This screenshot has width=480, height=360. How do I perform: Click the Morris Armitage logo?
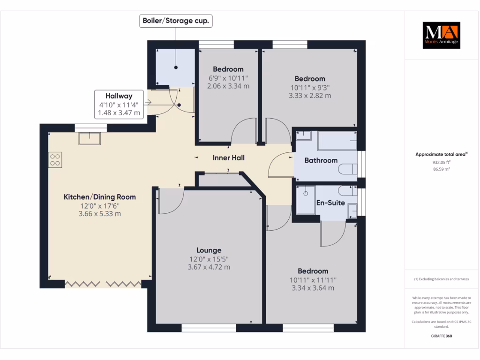pos(442,35)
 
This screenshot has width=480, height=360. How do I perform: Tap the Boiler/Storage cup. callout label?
pos(176,21)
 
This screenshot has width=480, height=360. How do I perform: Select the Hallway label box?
pos(119,104)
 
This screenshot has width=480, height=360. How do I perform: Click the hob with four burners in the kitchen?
pos(55,160)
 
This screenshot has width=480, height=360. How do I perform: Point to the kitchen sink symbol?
pos(90,138)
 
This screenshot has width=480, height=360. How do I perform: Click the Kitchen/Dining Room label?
pos(100,197)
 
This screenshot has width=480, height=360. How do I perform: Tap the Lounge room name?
pos(209,250)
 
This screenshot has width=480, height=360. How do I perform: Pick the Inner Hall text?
pos(229,157)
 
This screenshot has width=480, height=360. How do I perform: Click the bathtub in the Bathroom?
pos(337,141)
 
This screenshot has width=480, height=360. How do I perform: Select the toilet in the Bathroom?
pos(348,169)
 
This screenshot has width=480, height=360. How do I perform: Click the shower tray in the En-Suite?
pos(306,200)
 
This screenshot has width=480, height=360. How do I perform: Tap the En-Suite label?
pos(330,202)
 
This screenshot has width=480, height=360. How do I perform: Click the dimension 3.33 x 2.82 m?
pos(310,96)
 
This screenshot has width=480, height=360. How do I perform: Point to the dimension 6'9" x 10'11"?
pos(228,78)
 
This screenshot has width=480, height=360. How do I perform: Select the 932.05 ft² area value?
pos(442,162)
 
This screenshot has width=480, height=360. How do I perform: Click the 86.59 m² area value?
pos(442,169)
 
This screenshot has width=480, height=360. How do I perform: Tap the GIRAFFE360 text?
pos(442,336)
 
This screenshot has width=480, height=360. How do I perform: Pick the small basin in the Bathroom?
pos(304,135)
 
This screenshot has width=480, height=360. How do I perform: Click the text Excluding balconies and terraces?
pos(443,279)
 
